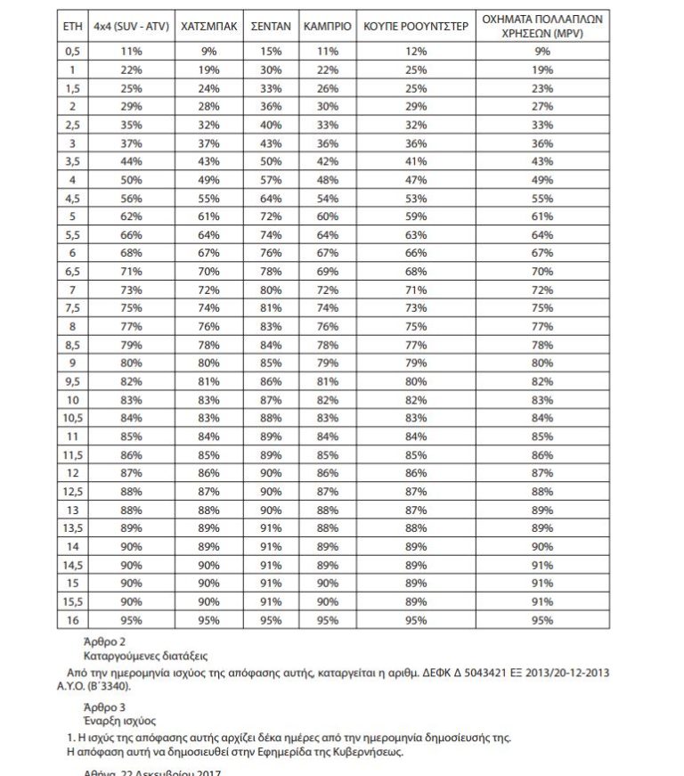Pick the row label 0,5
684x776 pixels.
73,53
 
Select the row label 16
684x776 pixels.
73,620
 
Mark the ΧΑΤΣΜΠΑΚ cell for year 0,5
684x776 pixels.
208,53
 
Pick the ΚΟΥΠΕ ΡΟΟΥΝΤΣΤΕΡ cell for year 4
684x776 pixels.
416,180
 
